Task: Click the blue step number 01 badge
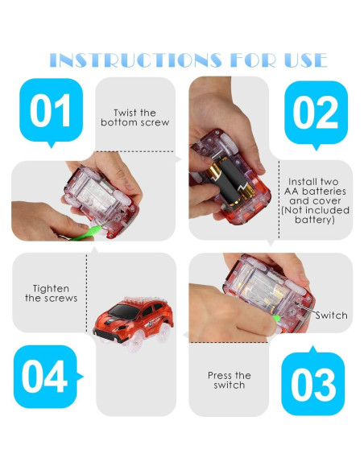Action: click(x=51, y=113)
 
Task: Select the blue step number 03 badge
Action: click(x=313, y=381)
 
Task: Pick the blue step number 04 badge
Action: click(x=48, y=377)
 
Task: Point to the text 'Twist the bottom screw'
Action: click(x=135, y=117)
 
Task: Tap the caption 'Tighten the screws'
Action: click(x=51, y=294)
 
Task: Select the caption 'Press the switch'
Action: click(x=229, y=380)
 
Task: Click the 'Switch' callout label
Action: click(x=331, y=315)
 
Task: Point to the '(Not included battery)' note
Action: click(x=315, y=215)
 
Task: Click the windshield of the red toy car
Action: click(x=121, y=311)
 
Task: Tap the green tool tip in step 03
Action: click(x=276, y=319)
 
